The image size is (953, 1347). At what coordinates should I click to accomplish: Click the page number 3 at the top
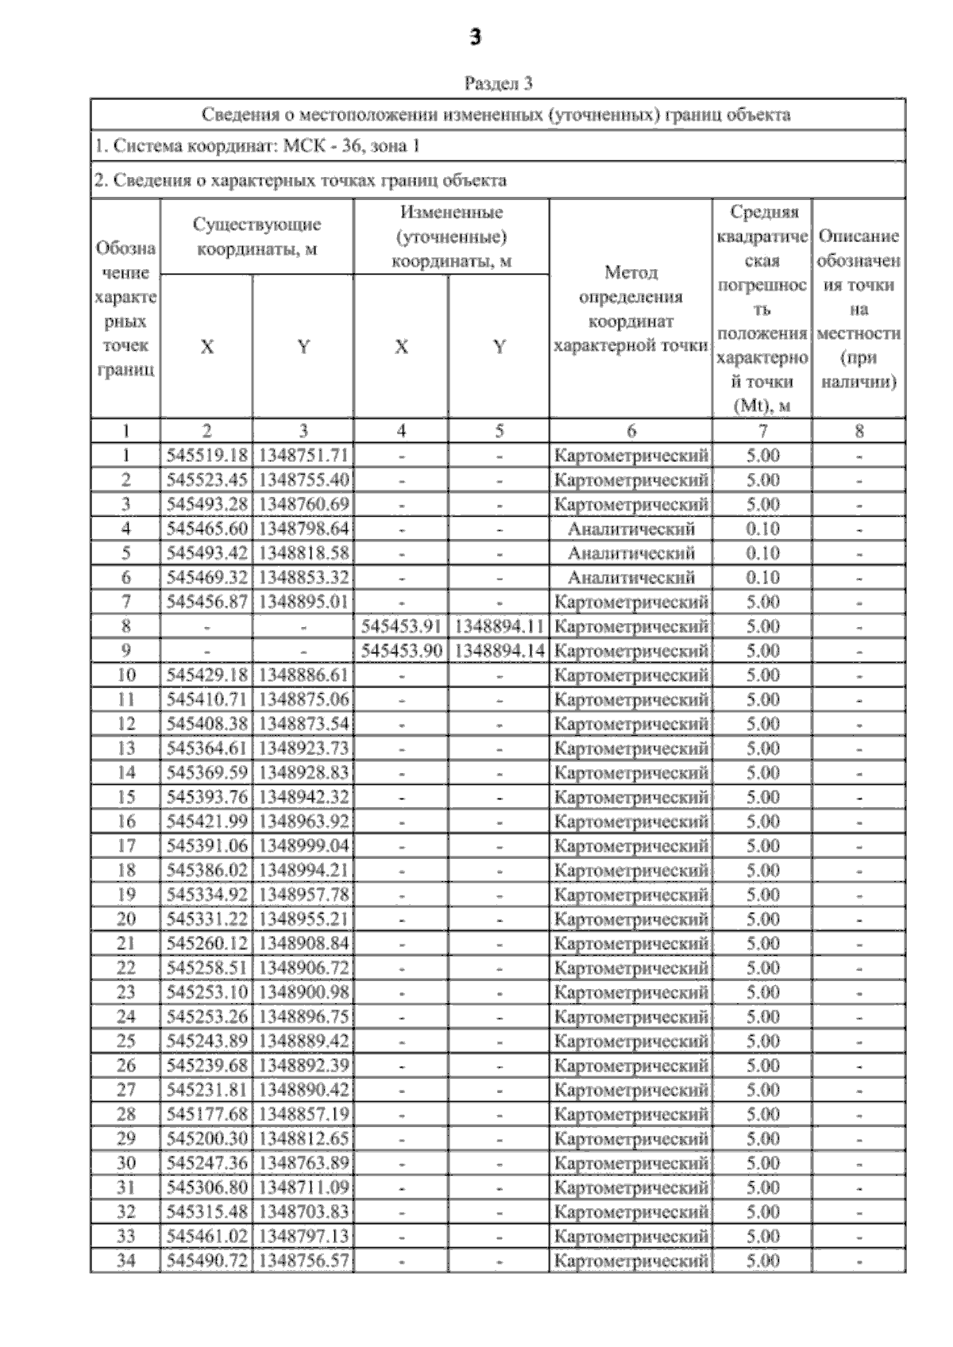click(476, 37)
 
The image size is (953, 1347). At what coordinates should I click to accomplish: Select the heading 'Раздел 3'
click(498, 83)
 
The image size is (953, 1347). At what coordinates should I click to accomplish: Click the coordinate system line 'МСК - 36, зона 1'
click(257, 146)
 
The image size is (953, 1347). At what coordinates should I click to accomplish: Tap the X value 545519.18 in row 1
click(207, 456)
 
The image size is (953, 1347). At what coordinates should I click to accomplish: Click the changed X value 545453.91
click(402, 626)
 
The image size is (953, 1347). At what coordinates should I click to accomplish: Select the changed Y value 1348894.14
click(499, 651)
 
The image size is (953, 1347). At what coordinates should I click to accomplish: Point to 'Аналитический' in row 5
click(631, 553)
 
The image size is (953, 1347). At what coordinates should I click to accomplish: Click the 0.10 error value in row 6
click(762, 578)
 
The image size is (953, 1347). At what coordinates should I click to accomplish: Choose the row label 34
click(125, 1260)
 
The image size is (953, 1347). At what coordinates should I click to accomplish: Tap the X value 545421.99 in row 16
click(207, 822)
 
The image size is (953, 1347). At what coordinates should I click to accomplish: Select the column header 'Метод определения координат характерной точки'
click(631, 309)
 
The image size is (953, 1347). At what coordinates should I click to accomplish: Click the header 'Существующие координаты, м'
click(257, 237)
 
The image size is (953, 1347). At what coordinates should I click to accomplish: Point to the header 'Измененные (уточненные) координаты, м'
click(451, 237)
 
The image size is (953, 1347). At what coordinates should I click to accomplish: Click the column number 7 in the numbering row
click(762, 431)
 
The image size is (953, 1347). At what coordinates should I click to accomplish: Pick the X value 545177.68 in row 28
click(207, 1114)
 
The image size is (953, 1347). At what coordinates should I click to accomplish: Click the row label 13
click(125, 749)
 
